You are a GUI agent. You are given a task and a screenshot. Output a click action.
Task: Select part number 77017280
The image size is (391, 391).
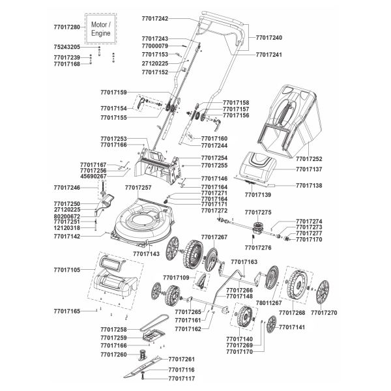(66, 27)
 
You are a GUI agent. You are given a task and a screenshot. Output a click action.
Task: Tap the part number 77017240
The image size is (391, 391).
(269, 38)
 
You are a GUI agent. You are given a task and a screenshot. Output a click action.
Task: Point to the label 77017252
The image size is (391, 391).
(309, 158)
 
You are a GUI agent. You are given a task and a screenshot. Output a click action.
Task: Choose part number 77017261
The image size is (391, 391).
(182, 360)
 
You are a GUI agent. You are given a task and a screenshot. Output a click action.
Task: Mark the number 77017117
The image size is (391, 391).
(182, 378)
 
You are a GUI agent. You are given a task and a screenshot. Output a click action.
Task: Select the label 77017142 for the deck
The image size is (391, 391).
(66, 237)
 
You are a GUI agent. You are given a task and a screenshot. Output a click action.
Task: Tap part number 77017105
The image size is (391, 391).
(66, 269)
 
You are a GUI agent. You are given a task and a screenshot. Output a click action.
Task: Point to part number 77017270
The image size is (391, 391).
(324, 313)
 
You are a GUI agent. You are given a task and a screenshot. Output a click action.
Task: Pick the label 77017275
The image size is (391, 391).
(257, 212)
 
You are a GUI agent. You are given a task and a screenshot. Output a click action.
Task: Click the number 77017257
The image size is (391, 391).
(137, 188)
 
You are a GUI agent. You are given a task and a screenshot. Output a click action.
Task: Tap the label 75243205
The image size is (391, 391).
(66, 48)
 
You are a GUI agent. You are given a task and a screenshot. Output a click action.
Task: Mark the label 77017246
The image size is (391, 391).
(66, 188)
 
